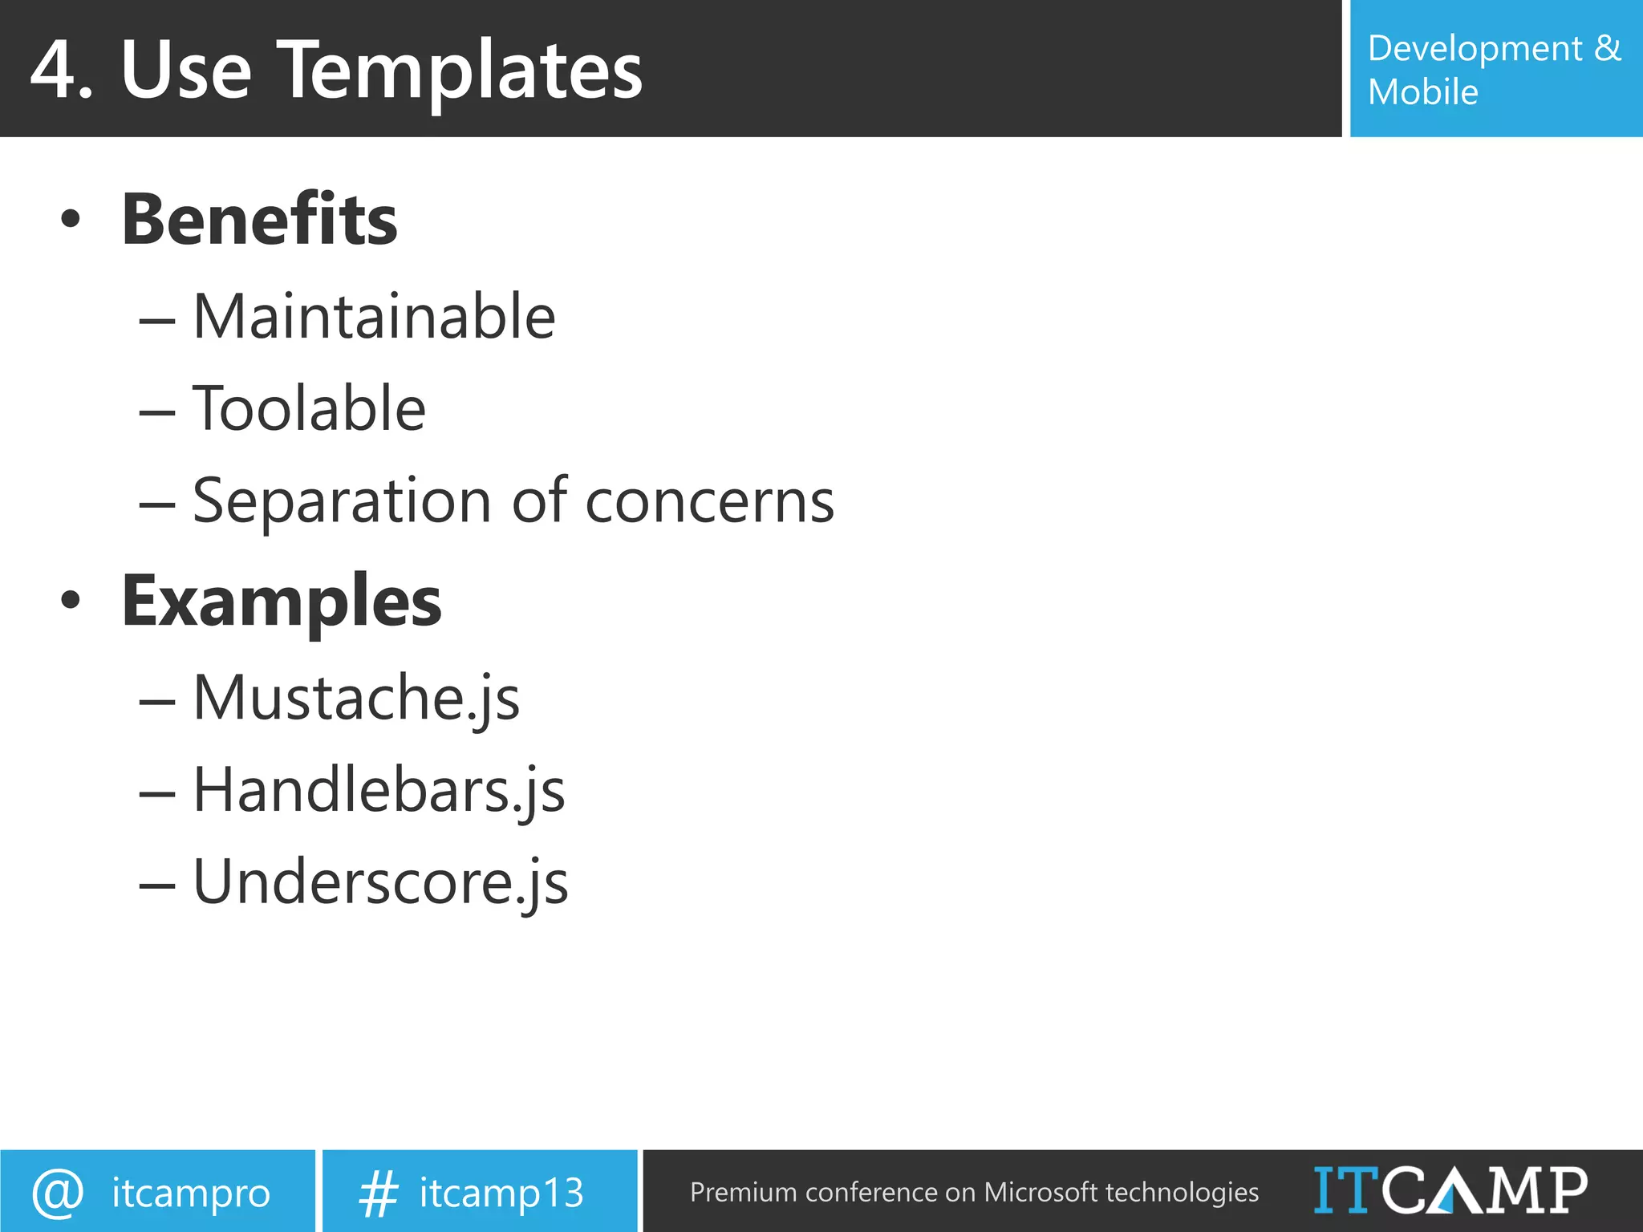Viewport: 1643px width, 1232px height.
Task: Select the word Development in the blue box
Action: coord(1475,50)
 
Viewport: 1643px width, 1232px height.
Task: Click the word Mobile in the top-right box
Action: coord(1422,92)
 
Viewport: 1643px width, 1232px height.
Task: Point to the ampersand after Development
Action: coord(1607,48)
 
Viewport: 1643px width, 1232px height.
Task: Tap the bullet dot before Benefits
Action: coord(71,218)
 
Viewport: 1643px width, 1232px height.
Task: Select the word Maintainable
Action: coord(374,317)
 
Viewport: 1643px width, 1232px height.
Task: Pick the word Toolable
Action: coord(309,408)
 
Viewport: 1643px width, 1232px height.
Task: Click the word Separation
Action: coord(341,501)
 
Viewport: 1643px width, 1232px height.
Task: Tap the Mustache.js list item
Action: coord(356,698)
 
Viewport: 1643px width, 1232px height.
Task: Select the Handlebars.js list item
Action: coord(379,790)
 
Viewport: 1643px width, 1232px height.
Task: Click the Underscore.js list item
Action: coord(380,882)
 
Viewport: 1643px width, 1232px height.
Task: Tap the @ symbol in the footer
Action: coord(58,1192)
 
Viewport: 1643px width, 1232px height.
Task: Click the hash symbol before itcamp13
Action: coord(378,1193)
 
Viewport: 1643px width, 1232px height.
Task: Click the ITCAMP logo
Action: coord(1450,1190)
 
